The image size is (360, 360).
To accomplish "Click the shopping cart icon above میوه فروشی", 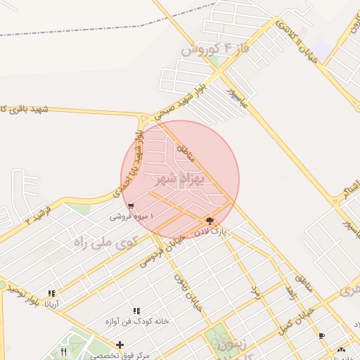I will [x=131, y=206].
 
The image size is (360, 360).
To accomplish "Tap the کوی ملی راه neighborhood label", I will [x=103, y=243].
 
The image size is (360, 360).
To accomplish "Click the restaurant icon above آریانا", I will [x=51, y=293].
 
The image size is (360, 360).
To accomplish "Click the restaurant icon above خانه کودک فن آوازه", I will [x=136, y=310].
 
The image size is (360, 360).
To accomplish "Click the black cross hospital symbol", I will [x=120, y=345].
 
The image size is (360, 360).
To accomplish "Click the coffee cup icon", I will [x=322, y=336].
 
